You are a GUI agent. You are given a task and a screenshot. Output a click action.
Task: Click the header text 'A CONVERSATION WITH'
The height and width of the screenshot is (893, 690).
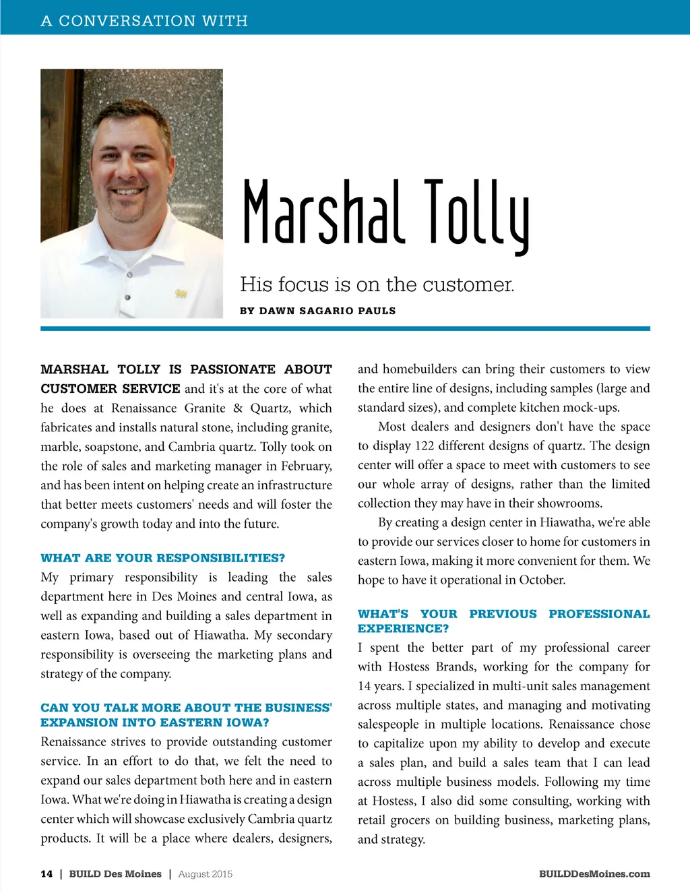144,21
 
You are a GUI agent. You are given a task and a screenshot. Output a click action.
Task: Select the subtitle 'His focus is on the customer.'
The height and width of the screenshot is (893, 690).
377,284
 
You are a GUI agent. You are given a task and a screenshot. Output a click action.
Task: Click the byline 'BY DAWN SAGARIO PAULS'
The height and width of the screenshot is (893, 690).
317,311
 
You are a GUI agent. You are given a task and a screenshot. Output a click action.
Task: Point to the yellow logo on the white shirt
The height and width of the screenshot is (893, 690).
181,293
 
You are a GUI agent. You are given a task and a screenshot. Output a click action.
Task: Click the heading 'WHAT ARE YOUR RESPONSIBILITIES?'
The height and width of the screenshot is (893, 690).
162,558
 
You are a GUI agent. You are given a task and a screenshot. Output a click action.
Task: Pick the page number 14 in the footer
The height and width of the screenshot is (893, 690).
46,874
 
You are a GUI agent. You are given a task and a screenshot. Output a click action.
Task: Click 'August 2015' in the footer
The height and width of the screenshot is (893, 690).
205,874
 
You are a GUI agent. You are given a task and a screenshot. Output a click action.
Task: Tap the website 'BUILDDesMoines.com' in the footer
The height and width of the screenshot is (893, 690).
594,874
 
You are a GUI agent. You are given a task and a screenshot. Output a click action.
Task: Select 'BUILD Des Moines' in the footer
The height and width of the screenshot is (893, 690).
115,874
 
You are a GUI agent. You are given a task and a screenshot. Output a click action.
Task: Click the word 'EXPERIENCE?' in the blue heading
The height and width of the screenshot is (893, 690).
403,628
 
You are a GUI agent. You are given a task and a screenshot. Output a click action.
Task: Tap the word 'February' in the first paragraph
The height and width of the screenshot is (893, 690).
305,466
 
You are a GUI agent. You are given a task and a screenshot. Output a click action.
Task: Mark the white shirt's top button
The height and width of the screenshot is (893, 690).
129,274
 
